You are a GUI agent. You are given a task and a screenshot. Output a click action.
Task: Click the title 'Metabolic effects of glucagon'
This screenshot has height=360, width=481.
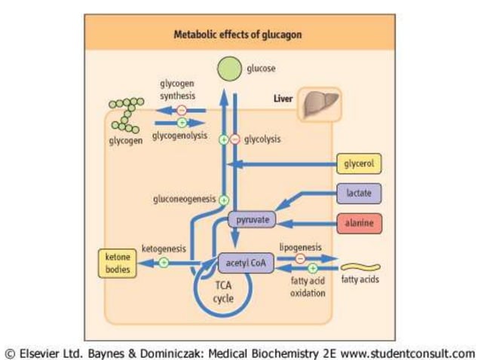pos(234,34)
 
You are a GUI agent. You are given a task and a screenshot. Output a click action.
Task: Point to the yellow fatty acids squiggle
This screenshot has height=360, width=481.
pos(360,267)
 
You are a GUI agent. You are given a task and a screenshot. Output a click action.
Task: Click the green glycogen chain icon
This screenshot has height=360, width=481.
pos(125,114)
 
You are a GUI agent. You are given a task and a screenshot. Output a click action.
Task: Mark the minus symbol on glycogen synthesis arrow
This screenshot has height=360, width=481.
pos(182,110)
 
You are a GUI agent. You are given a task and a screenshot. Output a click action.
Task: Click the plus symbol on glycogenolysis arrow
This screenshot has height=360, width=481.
pos(181,122)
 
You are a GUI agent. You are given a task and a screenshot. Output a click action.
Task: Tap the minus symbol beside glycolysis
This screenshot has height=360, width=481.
pos(234,139)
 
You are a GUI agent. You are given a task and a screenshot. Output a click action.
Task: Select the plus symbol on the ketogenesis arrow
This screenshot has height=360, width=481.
pos(163,263)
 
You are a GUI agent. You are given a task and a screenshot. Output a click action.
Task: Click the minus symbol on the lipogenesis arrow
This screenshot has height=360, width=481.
pos(301,258)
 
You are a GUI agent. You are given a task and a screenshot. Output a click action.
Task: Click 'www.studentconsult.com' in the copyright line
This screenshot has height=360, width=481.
pos(407,352)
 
